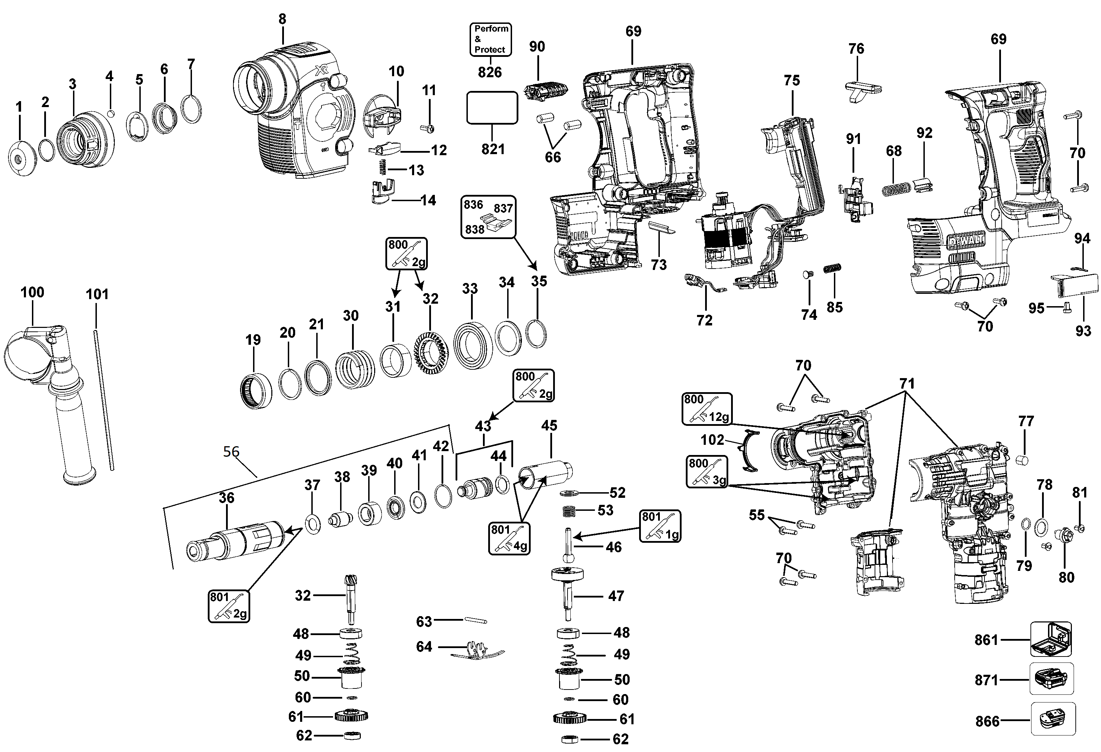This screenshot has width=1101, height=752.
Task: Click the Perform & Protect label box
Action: click(490, 39)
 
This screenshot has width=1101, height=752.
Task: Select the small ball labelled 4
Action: click(111, 113)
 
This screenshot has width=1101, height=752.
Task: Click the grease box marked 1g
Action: click(660, 526)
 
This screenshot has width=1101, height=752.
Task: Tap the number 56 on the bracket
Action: click(231, 451)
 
